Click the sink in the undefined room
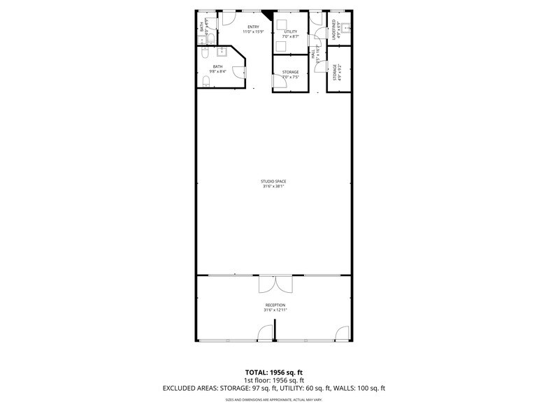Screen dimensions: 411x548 [x=344, y=29]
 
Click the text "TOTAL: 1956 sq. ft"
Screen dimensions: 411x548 [x=273, y=372]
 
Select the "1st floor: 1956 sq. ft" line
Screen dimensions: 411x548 [x=273, y=380]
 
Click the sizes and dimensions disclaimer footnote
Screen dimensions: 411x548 [x=273, y=400]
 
